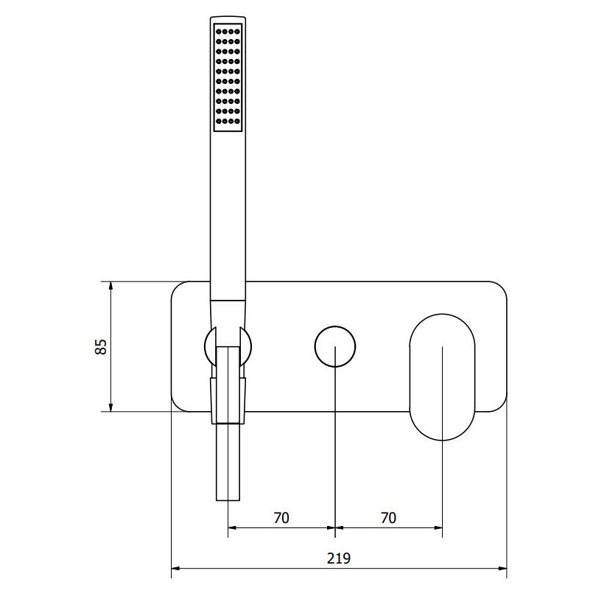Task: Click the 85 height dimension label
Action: [101, 346]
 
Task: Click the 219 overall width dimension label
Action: [339, 558]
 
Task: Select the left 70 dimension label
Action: [281, 518]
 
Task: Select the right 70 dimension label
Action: [388, 518]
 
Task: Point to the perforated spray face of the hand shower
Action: [228, 77]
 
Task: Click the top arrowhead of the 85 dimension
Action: [110, 286]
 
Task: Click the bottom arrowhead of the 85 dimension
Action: [110, 407]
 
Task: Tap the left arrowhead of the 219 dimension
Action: [176, 568]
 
